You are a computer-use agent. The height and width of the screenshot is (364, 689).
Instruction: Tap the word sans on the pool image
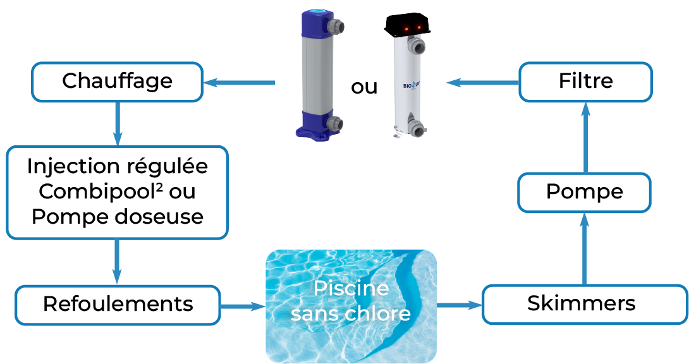coord(315,313)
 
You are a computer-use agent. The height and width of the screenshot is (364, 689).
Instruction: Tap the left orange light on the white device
coord(405,27)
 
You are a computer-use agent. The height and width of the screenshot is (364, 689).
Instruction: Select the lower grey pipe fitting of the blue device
coord(335,123)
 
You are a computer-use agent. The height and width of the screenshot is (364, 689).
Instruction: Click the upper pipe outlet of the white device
coord(418,47)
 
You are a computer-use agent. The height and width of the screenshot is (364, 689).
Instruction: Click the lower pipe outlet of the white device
coord(417,129)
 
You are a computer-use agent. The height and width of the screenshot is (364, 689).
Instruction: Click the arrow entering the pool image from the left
coord(243,306)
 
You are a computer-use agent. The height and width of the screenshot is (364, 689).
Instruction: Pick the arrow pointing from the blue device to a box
coord(239,83)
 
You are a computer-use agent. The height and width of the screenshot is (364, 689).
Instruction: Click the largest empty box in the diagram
coord(117,192)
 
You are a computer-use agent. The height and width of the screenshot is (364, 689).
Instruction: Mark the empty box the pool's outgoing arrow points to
coord(584,305)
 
